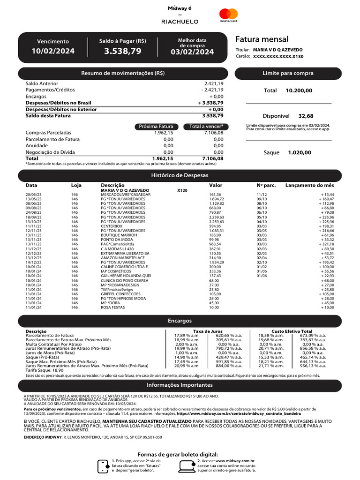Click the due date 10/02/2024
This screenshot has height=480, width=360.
click(53, 51)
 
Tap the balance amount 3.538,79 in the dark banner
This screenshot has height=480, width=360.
click(122, 51)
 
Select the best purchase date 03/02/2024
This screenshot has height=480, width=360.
click(192, 52)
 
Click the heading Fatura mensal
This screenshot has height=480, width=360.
click(262, 39)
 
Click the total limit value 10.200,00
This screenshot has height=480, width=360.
click(299, 90)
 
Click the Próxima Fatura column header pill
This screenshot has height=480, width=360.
click(156, 127)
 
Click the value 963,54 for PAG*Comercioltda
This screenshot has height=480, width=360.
click(215, 244)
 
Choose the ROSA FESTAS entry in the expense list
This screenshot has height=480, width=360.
click(113, 307)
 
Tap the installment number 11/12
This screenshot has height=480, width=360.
click(261, 195)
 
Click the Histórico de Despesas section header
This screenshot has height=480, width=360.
click(180, 175)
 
